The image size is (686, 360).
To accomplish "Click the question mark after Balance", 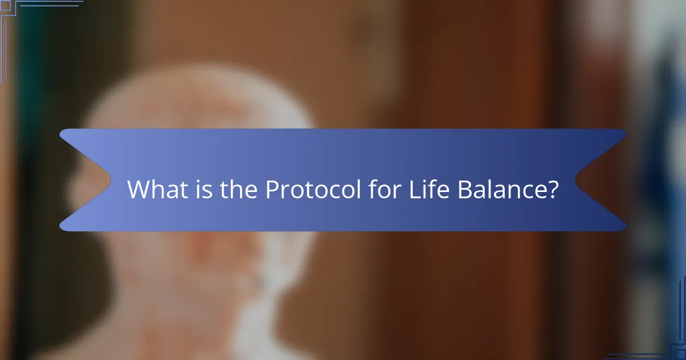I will [552, 189].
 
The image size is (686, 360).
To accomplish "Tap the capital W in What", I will [137, 189].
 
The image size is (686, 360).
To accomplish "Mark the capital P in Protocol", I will [271, 189].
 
